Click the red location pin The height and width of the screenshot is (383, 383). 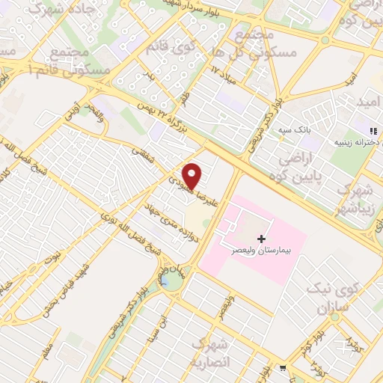[193, 176]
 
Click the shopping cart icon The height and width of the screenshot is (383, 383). [282, 367]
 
